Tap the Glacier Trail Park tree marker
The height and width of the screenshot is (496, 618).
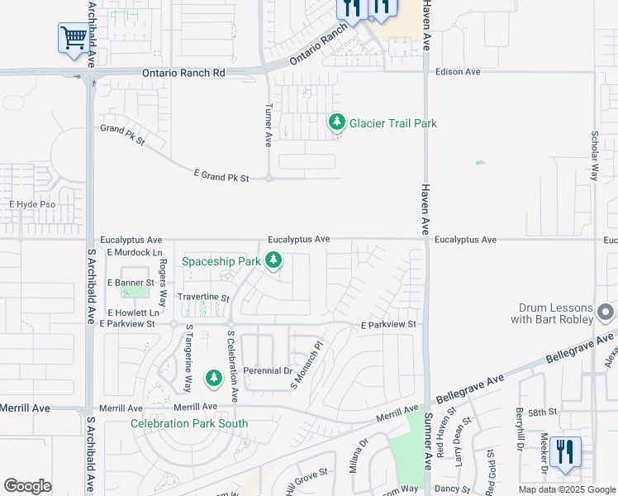tap(336, 122)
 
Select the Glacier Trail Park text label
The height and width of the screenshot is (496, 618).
tap(392, 123)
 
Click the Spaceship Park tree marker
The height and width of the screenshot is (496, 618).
tap(273, 262)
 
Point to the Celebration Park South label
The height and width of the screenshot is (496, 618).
tap(189, 423)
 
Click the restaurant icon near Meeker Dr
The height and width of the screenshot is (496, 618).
tap(565, 452)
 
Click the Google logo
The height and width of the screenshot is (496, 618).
tap(27, 485)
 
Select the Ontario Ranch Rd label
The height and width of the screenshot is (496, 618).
tap(183, 73)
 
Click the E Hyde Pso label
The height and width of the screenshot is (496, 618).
tap(32, 203)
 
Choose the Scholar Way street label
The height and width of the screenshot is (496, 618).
tap(594, 155)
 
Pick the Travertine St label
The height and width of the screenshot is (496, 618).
tap(202, 297)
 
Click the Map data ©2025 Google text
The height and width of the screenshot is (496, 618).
tap(566, 489)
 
